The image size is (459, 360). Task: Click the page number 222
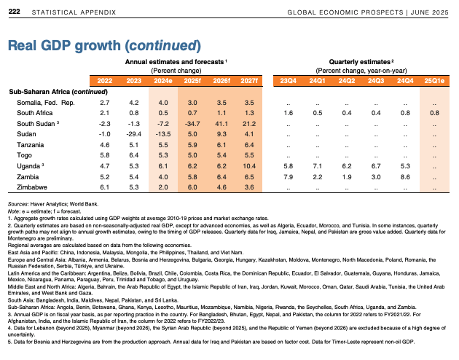[14, 12]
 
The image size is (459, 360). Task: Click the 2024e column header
[163, 81]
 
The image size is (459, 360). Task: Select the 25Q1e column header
[434, 81]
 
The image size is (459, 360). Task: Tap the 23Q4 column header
[288, 81]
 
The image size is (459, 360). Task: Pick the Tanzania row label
[31, 145]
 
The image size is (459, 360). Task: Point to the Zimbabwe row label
[32, 187]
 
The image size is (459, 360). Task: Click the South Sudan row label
[36, 124]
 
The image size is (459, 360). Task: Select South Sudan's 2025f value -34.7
[192, 124]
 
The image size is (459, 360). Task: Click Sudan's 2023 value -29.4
[134, 134]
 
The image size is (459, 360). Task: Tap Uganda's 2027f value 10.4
[249, 166]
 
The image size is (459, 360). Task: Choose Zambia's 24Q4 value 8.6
[405, 177]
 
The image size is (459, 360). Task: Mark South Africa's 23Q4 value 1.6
[289, 113]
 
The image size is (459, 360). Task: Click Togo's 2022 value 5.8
[104, 155]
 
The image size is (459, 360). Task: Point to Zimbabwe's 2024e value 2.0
[163, 187]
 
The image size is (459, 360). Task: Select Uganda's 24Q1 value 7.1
[318, 166]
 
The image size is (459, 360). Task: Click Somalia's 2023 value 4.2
[134, 103]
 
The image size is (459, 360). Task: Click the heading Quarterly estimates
[360, 62]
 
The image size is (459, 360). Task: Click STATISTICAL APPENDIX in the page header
[74, 12]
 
